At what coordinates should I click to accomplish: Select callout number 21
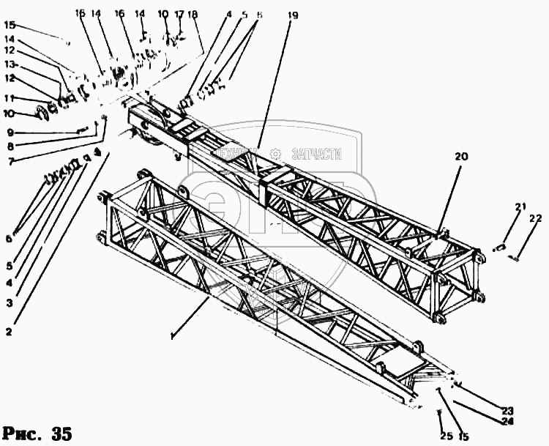[520, 207]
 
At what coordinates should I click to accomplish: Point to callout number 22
[535, 218]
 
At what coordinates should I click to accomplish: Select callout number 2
[9, 332]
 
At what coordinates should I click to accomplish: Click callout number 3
[9, 301]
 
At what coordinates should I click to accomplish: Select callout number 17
[179, 13]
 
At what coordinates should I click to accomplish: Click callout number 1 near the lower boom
[171, 336]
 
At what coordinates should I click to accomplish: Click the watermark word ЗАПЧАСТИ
[317, 154]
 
